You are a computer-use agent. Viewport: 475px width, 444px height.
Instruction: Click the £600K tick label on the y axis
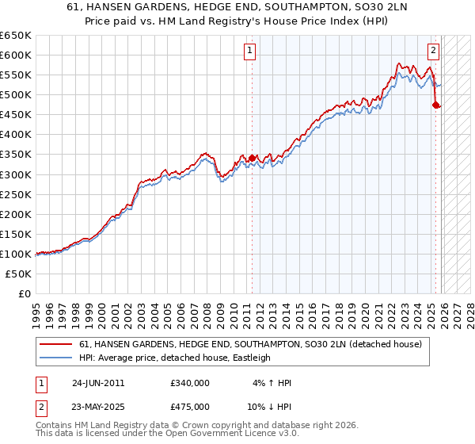click(16, 55)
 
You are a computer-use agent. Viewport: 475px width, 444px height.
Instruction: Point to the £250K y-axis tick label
click(16, 194)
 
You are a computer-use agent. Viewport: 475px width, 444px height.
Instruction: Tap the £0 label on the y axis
click(25, 293)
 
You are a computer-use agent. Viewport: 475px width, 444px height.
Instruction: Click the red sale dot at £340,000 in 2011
click(252, 159)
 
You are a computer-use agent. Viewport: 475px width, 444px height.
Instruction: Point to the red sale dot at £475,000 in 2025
click(435, 105)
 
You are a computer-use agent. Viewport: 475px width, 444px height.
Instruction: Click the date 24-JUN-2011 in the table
click(98, 383)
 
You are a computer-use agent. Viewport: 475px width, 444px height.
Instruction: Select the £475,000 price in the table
click(189, 406)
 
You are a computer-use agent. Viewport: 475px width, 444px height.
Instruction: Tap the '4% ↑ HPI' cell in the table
click(272, 383)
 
